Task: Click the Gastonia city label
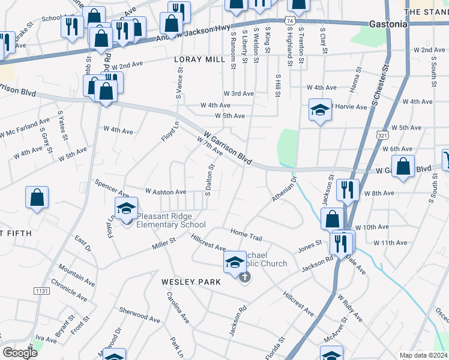point(388,24)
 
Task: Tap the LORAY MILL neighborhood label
point(199,60)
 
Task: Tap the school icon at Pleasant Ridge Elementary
point(126,209)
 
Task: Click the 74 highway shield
point(291,20)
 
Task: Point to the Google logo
point(20,353)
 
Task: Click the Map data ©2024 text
point(423,355)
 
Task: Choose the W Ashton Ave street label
point(166,192)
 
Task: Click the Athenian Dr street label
point(284,189)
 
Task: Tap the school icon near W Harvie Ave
point(321,110)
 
